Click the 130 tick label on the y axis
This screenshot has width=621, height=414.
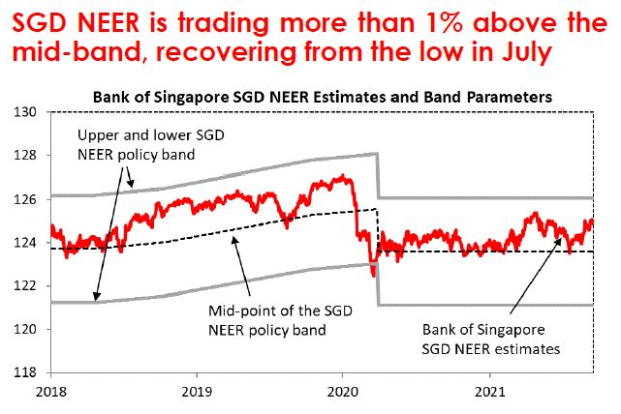point(25,112)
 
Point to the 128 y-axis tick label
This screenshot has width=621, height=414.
point(25,155)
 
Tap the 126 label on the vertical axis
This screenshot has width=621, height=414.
point(25,199)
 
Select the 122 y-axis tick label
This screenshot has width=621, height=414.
point(25,285)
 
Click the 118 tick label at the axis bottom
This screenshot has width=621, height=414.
point(25,372)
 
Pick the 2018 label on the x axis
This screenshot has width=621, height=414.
point(51,392)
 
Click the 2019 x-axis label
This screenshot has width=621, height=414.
point(197,392)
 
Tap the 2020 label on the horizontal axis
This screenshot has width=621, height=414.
point(343,392)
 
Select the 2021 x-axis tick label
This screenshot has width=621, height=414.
point(490,392)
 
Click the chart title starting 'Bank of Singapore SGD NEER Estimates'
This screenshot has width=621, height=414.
point(323,98)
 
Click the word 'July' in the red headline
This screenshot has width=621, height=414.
point(526,52)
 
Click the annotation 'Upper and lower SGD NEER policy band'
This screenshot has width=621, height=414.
point(150,145)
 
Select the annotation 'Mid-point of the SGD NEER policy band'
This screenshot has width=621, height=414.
point(280,320)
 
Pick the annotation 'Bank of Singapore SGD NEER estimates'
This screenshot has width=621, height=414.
point(490,340)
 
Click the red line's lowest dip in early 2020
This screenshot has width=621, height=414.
point(373,276)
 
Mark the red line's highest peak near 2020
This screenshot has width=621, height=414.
point(343,176)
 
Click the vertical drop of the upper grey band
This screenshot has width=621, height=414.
point(378,175)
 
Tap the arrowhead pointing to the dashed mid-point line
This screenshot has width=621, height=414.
point(233,240)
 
